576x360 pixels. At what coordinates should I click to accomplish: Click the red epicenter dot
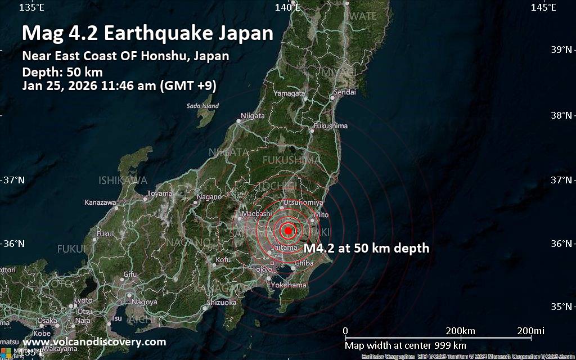point(288,230)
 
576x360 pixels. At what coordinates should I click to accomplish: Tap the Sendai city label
point(345,92)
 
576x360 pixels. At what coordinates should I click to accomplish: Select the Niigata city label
point(253,116)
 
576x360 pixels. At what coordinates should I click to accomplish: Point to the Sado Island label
point(202,106)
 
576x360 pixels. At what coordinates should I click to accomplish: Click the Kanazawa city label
point(100,202)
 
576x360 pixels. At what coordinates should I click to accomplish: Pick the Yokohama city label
point(289,285)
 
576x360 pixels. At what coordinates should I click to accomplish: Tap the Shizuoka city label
point(222,302)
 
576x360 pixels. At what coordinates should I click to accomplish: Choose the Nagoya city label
point(145,302)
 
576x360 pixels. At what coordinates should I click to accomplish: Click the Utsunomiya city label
point(303,202)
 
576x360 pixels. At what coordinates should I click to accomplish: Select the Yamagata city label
point(290,92)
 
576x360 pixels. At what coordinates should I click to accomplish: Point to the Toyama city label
point(159,193)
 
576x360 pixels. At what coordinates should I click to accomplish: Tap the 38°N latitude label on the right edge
point(562,115)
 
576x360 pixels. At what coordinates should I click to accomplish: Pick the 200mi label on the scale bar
point(532,330)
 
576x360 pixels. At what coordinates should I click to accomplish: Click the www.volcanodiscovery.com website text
point(94,341)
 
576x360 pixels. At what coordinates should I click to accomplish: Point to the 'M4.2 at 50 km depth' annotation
point(366,248)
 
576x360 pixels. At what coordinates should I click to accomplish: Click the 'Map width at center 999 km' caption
point(405,345)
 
